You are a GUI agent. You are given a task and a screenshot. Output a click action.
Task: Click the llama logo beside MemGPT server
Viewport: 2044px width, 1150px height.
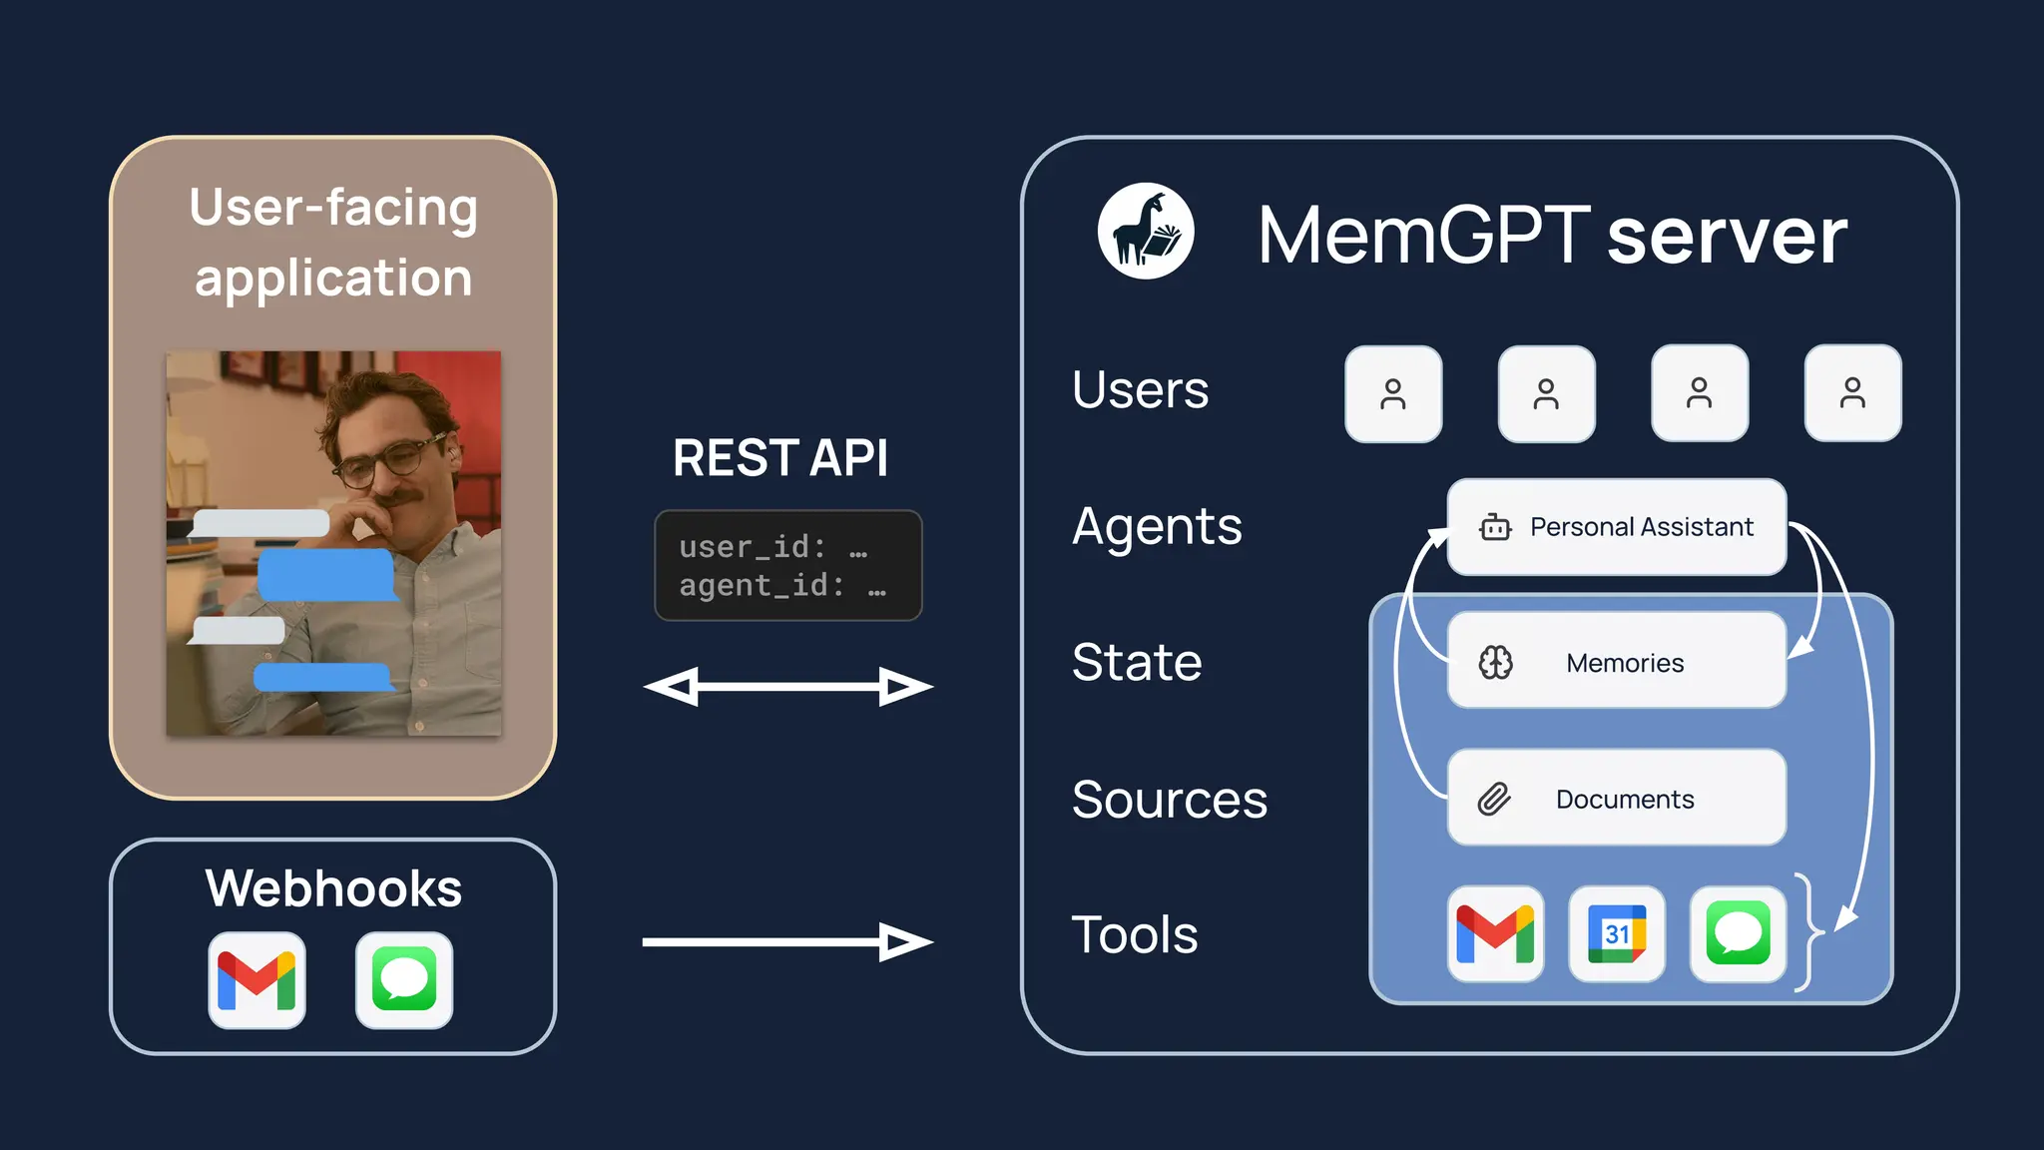tap(1146, 231)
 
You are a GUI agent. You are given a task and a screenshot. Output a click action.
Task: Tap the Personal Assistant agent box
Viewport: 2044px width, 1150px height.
tap(1616, 527)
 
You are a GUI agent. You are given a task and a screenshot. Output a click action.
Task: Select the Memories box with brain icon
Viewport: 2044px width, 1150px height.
tap(1616, 662)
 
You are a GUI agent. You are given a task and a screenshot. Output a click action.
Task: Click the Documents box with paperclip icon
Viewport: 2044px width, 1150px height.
tap(1616, 799)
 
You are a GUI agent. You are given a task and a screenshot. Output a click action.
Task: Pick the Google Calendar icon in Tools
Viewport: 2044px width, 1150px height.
tap(1617, 934)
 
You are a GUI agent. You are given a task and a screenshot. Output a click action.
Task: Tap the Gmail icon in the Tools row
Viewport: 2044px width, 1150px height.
tap(1495, 934)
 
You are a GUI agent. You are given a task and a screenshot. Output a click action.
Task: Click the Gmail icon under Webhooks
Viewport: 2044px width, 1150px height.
tap(256, 980)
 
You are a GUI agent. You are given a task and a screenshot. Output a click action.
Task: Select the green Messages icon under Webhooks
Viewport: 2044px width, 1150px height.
tap(404, 980)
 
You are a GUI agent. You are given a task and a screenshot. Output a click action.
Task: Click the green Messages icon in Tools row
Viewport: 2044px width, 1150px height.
tap(1738, 934)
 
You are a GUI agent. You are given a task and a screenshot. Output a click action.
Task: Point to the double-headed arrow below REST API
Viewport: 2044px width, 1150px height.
tap(788, 687)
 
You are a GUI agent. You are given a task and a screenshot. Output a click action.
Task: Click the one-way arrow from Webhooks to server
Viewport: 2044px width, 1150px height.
tap(788, 941)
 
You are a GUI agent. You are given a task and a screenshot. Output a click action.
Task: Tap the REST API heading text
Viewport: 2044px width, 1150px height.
tap(780, 458)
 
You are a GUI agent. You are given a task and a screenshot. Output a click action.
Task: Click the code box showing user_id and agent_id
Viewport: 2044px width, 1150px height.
tap(788, 566)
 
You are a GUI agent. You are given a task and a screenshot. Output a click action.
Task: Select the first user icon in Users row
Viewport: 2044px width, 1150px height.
tap(1393, 394)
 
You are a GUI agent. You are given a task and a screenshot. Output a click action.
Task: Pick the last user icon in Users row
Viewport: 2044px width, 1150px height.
tap(1852, 393)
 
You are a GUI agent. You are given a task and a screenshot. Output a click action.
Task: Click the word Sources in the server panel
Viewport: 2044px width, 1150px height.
tap(1170, 800)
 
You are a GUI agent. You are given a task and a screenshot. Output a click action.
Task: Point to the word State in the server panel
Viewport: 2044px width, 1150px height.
tap(1137, 663)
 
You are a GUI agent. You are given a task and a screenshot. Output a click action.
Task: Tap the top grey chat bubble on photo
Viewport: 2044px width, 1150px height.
tap(259, 522)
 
